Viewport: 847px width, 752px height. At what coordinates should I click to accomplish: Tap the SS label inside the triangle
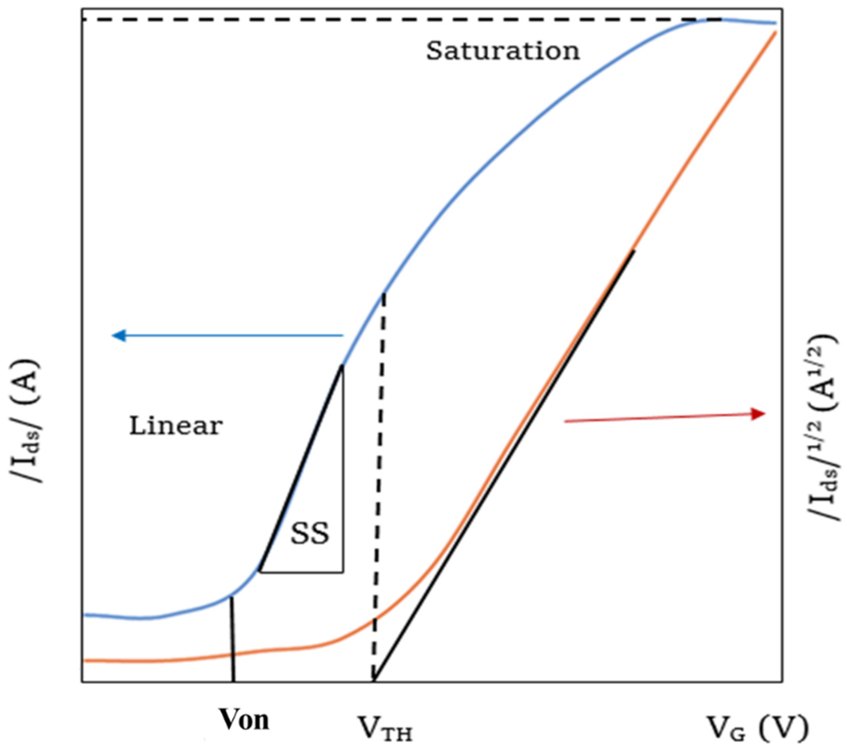click(x=310, y=534)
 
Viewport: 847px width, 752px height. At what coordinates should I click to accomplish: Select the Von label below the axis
click(x=244, y=721)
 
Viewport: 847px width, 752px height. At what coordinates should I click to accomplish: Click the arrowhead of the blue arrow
click(x=118, y=335)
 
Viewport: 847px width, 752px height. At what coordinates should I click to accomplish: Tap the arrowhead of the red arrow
click(x=759, y=414)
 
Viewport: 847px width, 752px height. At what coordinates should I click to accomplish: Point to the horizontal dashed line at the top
click(x=373, y=19)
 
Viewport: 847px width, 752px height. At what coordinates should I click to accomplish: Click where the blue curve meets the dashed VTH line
click(x=384, y=293)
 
